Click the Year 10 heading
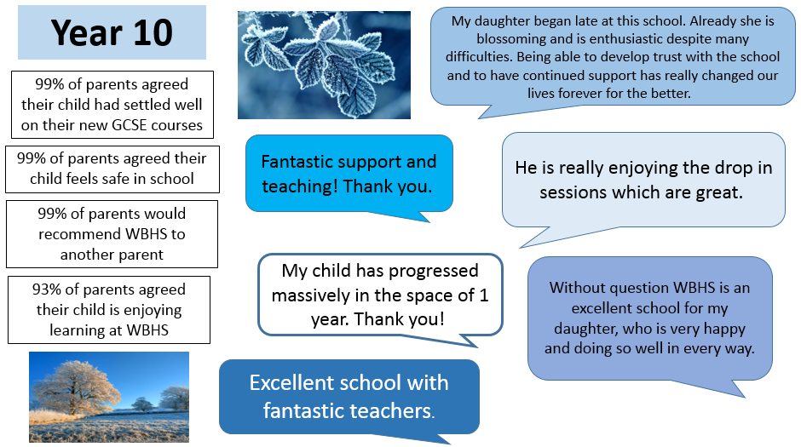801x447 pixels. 112,32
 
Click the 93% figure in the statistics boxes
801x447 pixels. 47,289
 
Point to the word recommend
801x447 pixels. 79,234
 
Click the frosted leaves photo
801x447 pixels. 324,65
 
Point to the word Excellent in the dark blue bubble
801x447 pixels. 291,382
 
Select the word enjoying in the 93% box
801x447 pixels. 153,311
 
